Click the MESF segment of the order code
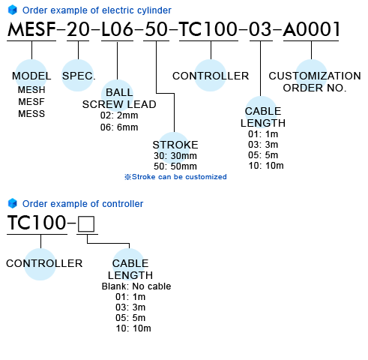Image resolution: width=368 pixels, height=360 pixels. coord(31,29)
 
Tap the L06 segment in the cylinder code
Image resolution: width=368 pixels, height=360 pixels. coord(117,29)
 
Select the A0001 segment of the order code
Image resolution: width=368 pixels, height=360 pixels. coord(312,29)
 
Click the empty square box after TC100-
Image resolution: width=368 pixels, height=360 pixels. coord(86,224)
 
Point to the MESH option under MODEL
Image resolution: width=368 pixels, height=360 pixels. coord(31,90)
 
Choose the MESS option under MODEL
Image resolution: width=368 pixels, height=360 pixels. coord(31,114)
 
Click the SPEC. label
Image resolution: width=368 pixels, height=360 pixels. coord(79,76)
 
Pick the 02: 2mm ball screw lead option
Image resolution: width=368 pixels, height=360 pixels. coord(119,115)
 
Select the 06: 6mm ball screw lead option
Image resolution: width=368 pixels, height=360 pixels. coord(119,127)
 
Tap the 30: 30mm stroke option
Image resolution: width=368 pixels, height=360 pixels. coord(175,156)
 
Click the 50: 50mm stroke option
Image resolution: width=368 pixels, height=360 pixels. coord(175,166)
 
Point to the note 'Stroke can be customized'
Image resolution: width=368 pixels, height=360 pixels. coord(175,177)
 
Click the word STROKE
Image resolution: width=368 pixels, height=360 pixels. coord(175,145)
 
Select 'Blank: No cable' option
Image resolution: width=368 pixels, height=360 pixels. coord(136,286)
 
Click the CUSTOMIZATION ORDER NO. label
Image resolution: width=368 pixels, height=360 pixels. coord(315,82)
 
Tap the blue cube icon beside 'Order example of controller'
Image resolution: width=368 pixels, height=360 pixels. coord(12,203)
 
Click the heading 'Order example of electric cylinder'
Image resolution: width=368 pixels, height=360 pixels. coord(97,10)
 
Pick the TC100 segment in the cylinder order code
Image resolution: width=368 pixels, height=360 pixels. coord(208,29)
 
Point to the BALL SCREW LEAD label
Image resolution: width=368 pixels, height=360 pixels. coord(119,98)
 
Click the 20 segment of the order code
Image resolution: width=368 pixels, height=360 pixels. coord(78,29)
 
